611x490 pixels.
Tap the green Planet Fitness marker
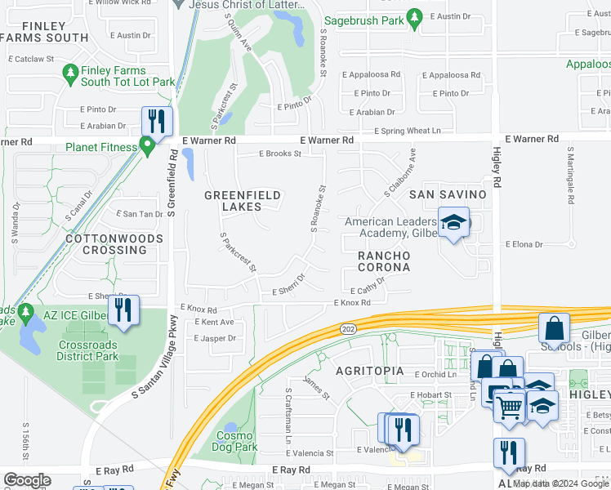(147, 148)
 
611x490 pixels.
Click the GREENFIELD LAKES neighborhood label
(243, 201)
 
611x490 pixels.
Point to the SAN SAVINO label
(448, 194)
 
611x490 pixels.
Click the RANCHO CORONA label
(383, 261)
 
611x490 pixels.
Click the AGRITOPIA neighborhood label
(370, 370)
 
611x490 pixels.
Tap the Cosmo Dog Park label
(237, 441)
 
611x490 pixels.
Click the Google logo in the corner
(27, 480)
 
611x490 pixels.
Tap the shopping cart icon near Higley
(510, 405)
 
